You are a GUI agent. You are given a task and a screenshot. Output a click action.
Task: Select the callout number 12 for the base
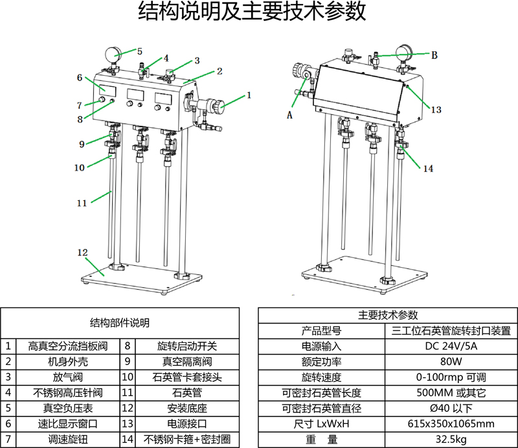(82, 252)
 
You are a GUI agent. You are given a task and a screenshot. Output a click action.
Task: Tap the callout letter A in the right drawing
(289, 115)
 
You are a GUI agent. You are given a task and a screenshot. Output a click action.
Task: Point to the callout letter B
(434, 54)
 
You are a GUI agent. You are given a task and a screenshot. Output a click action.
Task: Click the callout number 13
(436, 109)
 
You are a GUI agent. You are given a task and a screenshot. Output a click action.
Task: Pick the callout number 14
(428, 169)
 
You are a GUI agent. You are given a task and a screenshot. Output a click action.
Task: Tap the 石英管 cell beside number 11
(188, 392)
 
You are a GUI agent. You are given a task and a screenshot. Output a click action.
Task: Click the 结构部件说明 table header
(120, 322)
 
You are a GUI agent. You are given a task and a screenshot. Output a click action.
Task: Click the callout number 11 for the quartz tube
(82, 202)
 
